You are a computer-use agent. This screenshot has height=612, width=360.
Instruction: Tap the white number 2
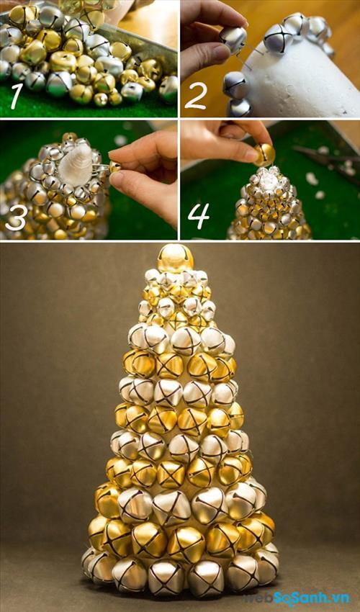coord(195,95)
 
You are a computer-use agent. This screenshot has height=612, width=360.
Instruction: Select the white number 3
coord(17,217)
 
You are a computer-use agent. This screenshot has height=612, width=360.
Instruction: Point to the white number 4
coord(199,216)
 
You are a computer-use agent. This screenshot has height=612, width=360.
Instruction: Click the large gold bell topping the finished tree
coord(175,258)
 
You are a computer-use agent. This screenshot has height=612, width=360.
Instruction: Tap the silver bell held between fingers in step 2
coord(233,38)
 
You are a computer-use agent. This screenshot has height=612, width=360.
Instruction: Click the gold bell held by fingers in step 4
coord(265,155)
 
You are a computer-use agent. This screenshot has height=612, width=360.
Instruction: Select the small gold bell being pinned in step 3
coord(114,167)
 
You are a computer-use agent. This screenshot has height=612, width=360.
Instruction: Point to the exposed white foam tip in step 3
coord(76,163)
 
